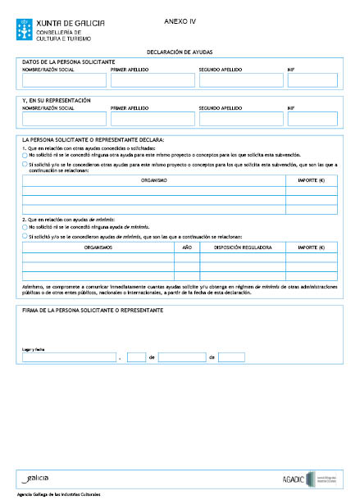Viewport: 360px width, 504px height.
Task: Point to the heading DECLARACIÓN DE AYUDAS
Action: (180, 51)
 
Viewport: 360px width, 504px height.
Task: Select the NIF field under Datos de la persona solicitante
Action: (312, 79)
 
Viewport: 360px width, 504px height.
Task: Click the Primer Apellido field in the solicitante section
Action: (151, 79)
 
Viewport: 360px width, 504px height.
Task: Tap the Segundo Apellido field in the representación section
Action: (239, 119)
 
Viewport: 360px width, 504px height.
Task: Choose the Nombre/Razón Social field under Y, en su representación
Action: (63, 119)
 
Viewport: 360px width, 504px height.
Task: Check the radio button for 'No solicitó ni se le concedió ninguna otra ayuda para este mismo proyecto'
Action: (25, 154)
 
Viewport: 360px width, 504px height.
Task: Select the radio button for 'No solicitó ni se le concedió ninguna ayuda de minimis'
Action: (25, 226)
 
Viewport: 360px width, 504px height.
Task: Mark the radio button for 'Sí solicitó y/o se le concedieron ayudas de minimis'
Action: (25, 235)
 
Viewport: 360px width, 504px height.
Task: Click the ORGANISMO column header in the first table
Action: (153, 179)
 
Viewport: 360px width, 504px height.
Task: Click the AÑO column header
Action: (187, 245)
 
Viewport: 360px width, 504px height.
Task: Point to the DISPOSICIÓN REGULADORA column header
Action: (243, 245)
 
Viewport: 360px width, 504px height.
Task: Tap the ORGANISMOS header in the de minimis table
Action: (98, 245)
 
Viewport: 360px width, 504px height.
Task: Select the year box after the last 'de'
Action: (231, 357)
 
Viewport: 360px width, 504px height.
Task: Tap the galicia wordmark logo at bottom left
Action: (38, 477)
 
